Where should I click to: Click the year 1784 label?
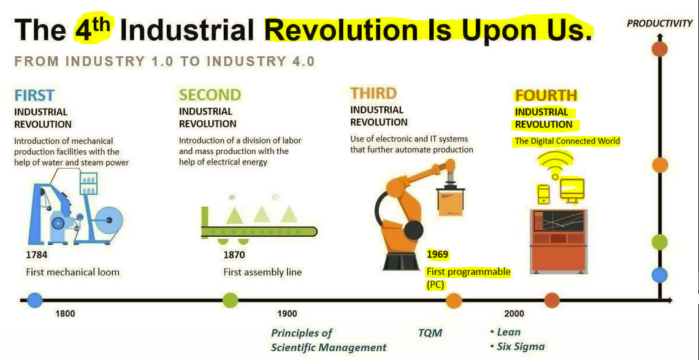(x=37, y=255)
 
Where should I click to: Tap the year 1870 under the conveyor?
(x=234, y=255)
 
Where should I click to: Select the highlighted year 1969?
(x=437, y=255)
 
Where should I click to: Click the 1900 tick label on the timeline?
(x=286, y=313)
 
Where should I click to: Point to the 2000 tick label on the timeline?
(x=514, y=313)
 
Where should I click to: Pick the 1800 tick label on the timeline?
(x=64, y=313)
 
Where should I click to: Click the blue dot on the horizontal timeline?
(x=35, y=300)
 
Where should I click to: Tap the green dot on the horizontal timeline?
(x=231, y=300)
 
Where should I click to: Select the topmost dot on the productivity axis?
(x=659, y=48)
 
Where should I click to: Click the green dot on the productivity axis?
(x=659, y=242)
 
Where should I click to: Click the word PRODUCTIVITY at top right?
(x=660, y=24)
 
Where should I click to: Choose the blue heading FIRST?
(x=34, y=95)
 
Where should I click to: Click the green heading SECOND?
(x=210, y=94)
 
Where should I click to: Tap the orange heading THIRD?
(x=373, y=93)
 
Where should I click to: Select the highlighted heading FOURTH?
(x=546, y=96)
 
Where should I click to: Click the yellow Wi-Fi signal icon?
(x=555, y=163)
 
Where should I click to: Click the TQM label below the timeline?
(x=430, y=333)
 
